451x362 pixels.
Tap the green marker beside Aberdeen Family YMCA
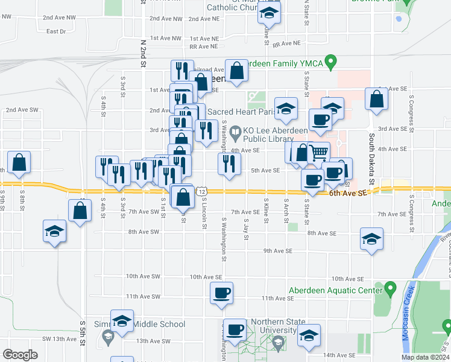330,62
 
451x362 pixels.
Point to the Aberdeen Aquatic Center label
335,290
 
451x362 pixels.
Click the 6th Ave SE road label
348,194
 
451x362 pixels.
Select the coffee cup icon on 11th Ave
221,293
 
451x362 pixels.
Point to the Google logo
20,355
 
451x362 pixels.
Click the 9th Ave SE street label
278,250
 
